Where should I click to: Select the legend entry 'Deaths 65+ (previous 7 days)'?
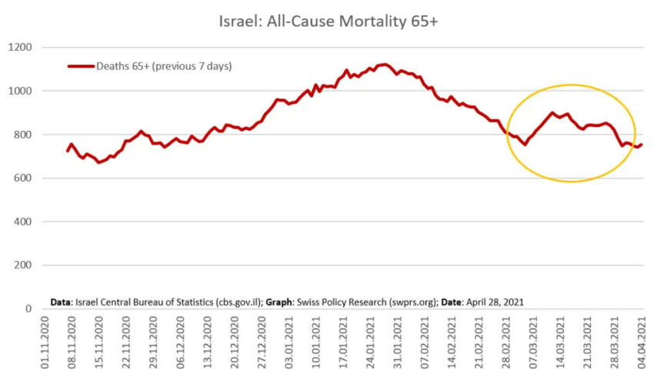(164, 66)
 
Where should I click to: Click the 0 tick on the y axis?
(28, 309)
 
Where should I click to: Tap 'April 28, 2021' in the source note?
(495, 302)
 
